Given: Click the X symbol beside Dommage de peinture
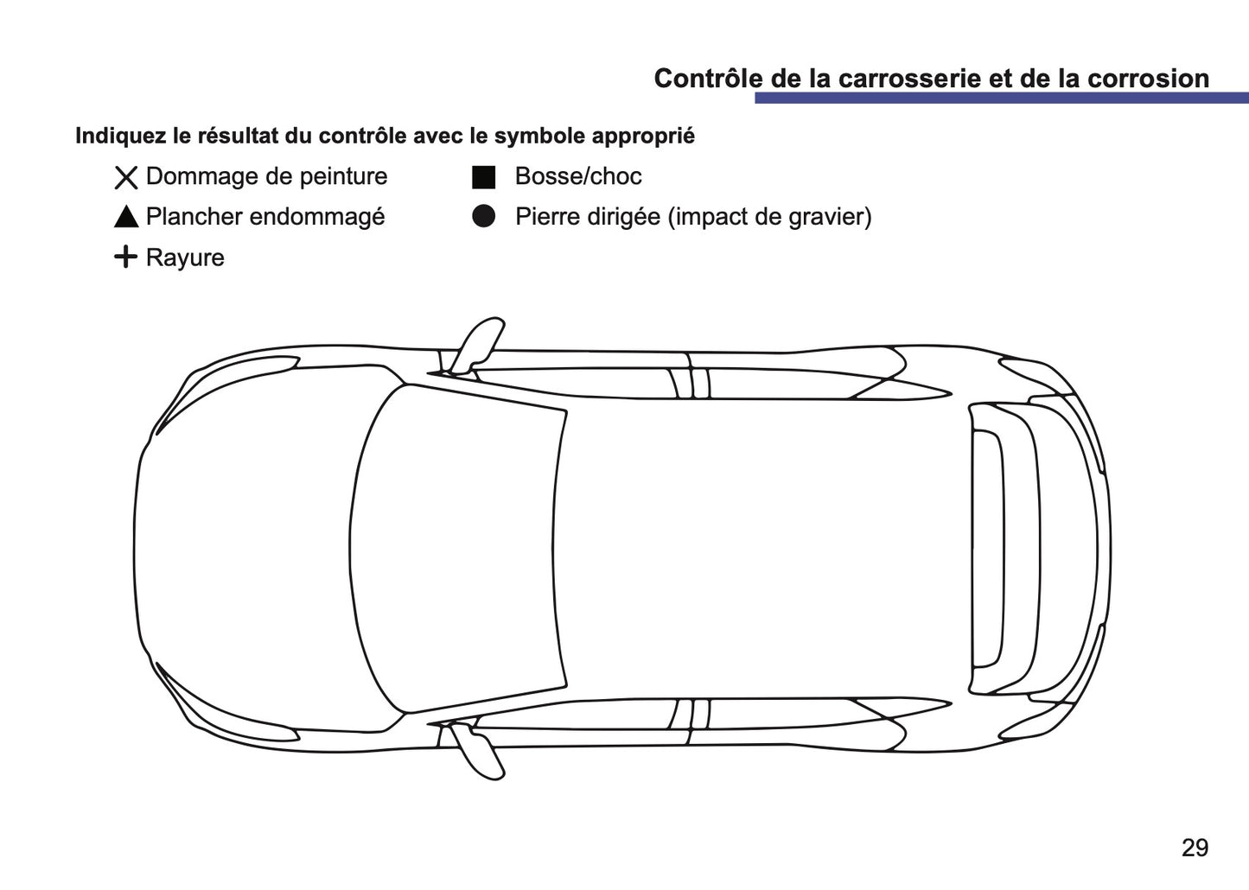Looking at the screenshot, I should (126, 177).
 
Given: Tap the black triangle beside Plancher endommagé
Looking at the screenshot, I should (126, 217).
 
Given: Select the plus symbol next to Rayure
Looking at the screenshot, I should (125, 257).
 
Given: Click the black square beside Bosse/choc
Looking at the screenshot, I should (483, 177).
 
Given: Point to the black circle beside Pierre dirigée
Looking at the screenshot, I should (483, 217).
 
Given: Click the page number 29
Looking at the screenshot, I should (1195, 848).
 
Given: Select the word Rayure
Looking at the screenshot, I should (185, 257).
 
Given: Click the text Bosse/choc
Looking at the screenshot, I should (578, 176).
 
